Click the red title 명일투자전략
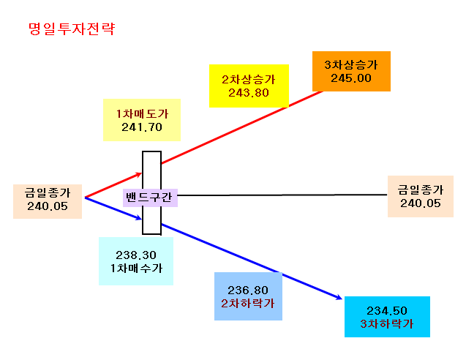click(72, 29)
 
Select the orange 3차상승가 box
click(351, 72)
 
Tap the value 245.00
click(351, 78)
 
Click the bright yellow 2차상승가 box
click(249, 86)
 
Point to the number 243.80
click(249, 93)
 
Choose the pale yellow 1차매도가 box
click(142, 120)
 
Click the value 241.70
click(142, 127)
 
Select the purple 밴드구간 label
click(150, 198)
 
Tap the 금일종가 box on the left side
click(48, 201)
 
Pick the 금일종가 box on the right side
click(421, 197)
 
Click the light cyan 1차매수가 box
click(136, 261)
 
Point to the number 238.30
click(136, 255)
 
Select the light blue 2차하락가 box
click(248, 296)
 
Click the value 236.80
click(248, 290)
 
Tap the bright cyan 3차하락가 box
click(387, 317)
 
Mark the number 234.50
click(387, 311)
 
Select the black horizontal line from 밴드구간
click(282, 195)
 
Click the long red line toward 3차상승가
click(242, 127)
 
